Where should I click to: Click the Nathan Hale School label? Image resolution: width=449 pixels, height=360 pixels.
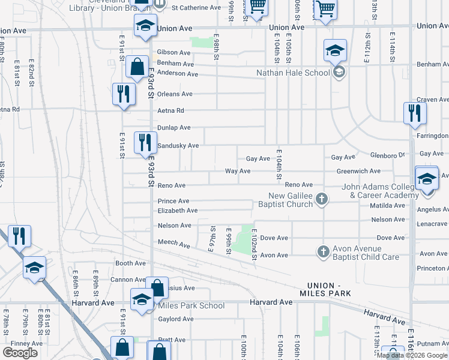(x=293, y=73)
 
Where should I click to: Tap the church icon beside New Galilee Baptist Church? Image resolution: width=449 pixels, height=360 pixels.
(x=322, y=199)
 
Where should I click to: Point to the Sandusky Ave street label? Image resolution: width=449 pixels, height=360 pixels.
(x=178, y=146)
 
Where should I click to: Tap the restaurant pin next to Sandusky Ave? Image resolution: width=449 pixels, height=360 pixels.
(x=145, y=143)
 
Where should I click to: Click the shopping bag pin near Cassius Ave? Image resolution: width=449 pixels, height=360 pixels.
(x=157, y=289)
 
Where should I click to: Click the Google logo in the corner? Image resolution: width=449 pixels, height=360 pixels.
(x=20, y=353)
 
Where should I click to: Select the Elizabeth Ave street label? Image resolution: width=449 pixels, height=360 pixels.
(x=177, y=211)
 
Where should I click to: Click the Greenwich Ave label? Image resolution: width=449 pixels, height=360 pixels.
(x=358, y=171)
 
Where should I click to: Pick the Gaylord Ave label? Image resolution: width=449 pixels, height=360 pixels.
(x=175, y=319)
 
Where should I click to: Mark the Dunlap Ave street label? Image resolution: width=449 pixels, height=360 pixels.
(x=173, y=128)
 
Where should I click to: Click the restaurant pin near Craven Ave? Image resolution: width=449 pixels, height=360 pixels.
(x=415, y=113)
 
